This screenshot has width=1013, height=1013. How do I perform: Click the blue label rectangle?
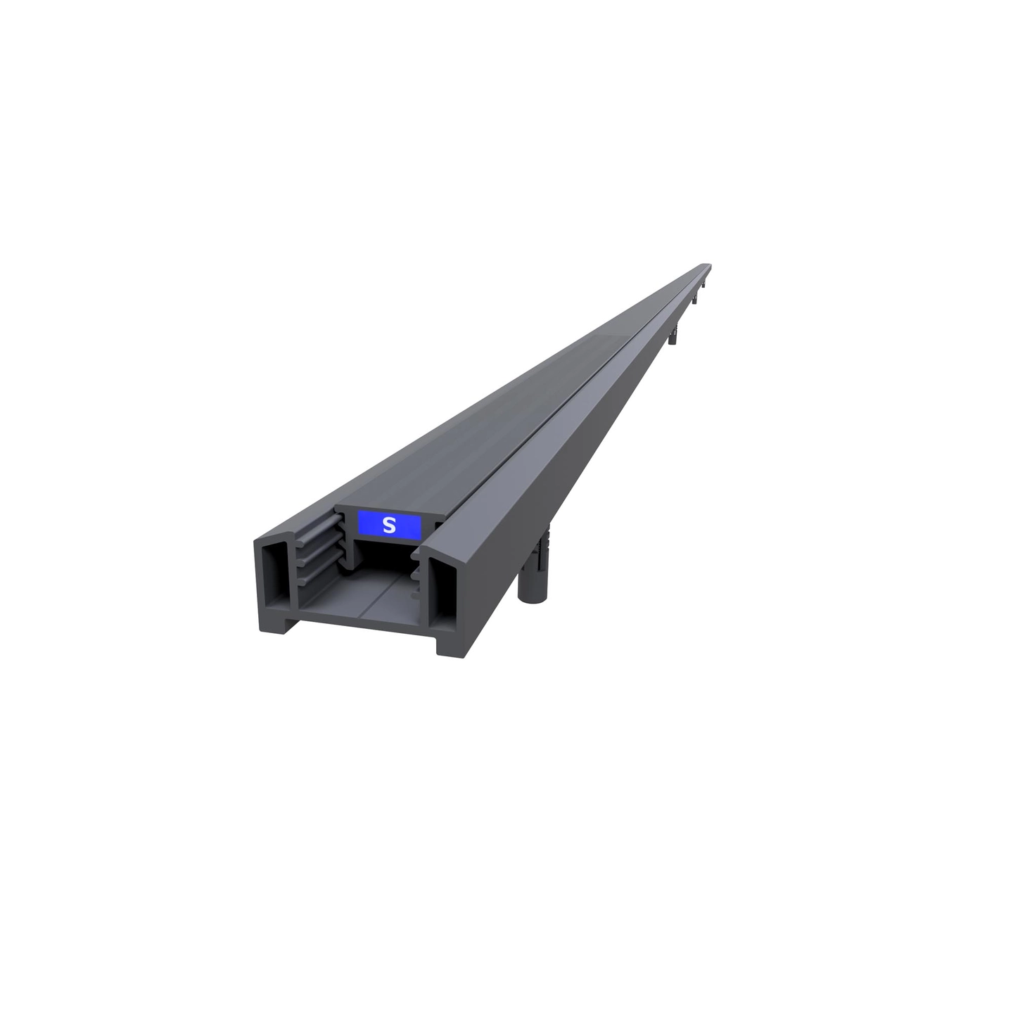390,525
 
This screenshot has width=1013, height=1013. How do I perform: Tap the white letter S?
389,525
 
